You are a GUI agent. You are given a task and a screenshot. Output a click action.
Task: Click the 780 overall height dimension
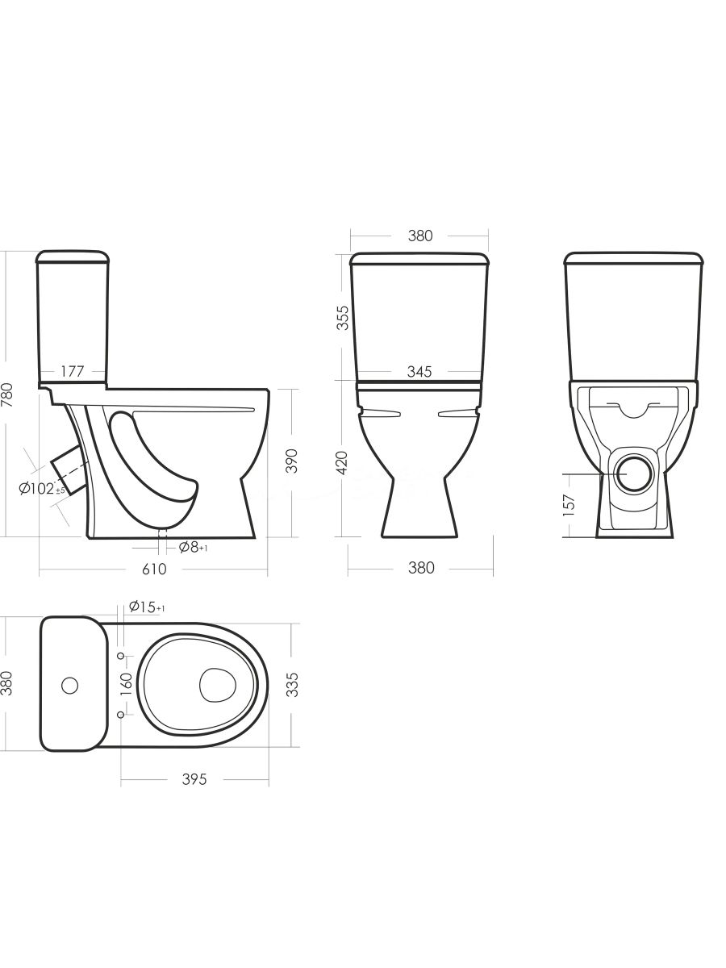7,394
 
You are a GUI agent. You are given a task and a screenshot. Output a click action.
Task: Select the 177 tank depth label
72,371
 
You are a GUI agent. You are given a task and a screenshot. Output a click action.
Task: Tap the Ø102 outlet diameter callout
42,488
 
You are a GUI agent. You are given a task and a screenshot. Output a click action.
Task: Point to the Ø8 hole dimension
193,547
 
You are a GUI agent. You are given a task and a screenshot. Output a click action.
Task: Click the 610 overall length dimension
154,569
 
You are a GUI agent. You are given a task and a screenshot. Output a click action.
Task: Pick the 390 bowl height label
291,461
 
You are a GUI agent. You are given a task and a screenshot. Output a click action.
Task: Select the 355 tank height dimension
343,318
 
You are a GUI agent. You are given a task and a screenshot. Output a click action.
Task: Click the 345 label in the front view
419,372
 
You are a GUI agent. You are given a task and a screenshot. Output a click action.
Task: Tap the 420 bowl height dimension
343,463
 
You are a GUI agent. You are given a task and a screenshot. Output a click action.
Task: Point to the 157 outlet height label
569,506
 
